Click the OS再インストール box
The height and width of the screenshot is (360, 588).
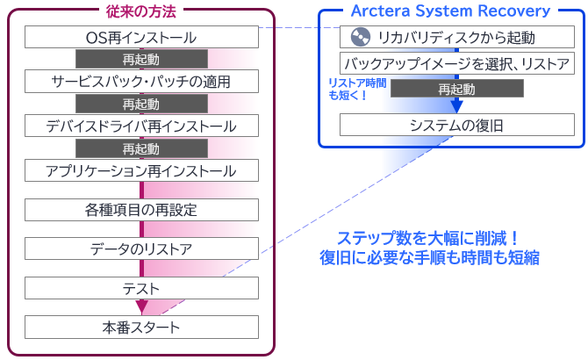(141, 37)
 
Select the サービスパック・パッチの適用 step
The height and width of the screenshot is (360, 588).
(141, 82)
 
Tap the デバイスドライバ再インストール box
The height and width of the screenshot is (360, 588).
(141, 126)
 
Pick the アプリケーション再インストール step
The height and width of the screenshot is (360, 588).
(141, 169)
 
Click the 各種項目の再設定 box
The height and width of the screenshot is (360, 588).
(141, 210)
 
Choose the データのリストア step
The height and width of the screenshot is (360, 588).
(141, 249)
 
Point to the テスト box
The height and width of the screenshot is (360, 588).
(141, 288)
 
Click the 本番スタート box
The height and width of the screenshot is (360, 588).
(141, 328)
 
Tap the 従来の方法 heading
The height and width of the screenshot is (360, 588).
(141, 11)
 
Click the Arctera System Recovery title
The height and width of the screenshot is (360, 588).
(450, 11)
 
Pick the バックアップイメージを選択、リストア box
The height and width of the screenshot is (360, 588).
(457, 64)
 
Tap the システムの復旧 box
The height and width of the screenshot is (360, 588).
(457, 126)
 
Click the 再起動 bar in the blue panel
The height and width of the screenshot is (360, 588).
(457, 90)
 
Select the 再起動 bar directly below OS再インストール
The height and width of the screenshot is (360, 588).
(141, 60)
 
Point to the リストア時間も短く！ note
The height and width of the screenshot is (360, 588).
(352, 88)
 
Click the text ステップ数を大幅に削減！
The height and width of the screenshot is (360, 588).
(429, 238)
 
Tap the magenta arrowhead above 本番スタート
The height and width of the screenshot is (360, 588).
(141, 306)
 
